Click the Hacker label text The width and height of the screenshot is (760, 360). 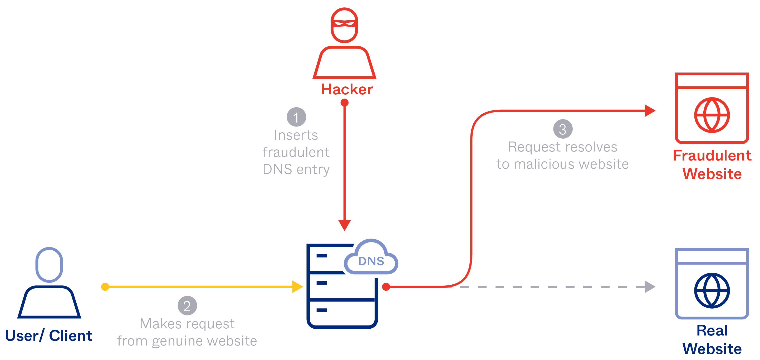[347, 89]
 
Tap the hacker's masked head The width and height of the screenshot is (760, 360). [344, 25]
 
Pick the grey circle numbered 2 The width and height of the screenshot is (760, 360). [187, 306]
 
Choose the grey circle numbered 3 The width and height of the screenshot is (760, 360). [563, 129]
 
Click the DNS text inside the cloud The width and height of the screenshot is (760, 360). [371, 261]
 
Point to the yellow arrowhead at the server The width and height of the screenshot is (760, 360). [297, 286]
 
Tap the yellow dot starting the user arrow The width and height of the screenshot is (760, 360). [105, 286]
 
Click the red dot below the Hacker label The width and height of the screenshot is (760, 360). [344, 103]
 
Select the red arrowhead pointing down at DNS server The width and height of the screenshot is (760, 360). [344, 225]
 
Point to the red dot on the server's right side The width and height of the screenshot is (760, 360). [386, 286]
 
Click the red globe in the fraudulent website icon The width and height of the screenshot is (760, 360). [712, 115]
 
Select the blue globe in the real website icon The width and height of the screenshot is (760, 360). [712, 291]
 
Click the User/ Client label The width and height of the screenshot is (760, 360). [49, 336]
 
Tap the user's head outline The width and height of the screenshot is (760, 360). [49, 265]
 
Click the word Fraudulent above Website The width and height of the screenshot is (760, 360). [712, 155]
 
